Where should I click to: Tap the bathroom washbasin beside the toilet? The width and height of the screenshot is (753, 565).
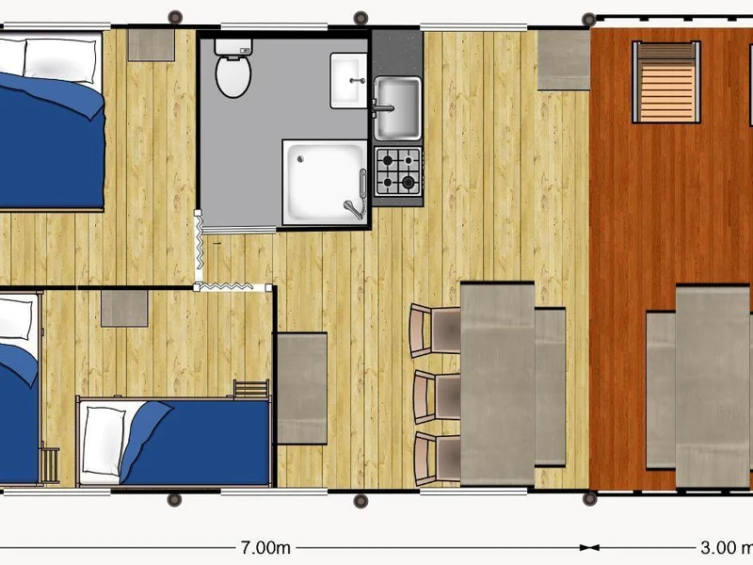click(x=348, y=81)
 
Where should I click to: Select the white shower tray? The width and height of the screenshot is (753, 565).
click(x=325, y=182)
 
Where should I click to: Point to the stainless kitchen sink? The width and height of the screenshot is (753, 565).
click(x=397, y=108)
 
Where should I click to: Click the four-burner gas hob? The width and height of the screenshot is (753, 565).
click(x=398, y=171)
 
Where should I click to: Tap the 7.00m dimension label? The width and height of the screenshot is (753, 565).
click(x=265, y=547)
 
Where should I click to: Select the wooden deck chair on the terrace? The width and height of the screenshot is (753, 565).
click(x=666, y=82)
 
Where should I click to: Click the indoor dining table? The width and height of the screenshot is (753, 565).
click(x=497, y=383)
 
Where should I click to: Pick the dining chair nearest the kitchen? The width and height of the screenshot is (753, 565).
click(x=435, y=331)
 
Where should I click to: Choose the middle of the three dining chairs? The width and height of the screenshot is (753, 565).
click(x=437, y=396)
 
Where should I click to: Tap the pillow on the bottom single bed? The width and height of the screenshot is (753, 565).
click(x=104, y=441)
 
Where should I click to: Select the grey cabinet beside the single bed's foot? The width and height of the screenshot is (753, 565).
click(x=302, y=388)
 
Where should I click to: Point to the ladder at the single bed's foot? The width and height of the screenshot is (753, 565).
click(x=251, y=389)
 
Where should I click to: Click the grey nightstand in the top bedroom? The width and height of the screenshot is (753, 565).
click(x=152, y=45)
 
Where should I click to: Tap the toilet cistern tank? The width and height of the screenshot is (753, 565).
click(x=233, y=47)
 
